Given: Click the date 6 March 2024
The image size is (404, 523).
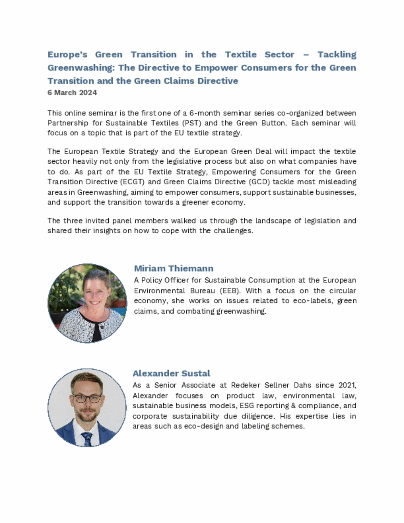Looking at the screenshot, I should click(72, 93).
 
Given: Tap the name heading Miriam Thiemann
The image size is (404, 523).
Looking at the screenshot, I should click(174, 268).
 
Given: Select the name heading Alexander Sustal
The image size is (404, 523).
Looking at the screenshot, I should click(171, 373).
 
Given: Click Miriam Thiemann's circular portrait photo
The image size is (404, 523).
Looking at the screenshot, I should click(87, 303).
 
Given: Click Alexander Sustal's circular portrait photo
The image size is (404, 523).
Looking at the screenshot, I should click(87, 407).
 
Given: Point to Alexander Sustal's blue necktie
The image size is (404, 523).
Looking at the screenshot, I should click(87, 439).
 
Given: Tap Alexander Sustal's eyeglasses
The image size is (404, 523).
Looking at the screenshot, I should click(87, 398).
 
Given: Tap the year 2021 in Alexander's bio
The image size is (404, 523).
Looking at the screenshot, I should click(347, 385).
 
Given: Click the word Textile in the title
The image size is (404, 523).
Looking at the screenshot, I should click(241, 55).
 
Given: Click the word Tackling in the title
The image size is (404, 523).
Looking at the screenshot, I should click(337, 55).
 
